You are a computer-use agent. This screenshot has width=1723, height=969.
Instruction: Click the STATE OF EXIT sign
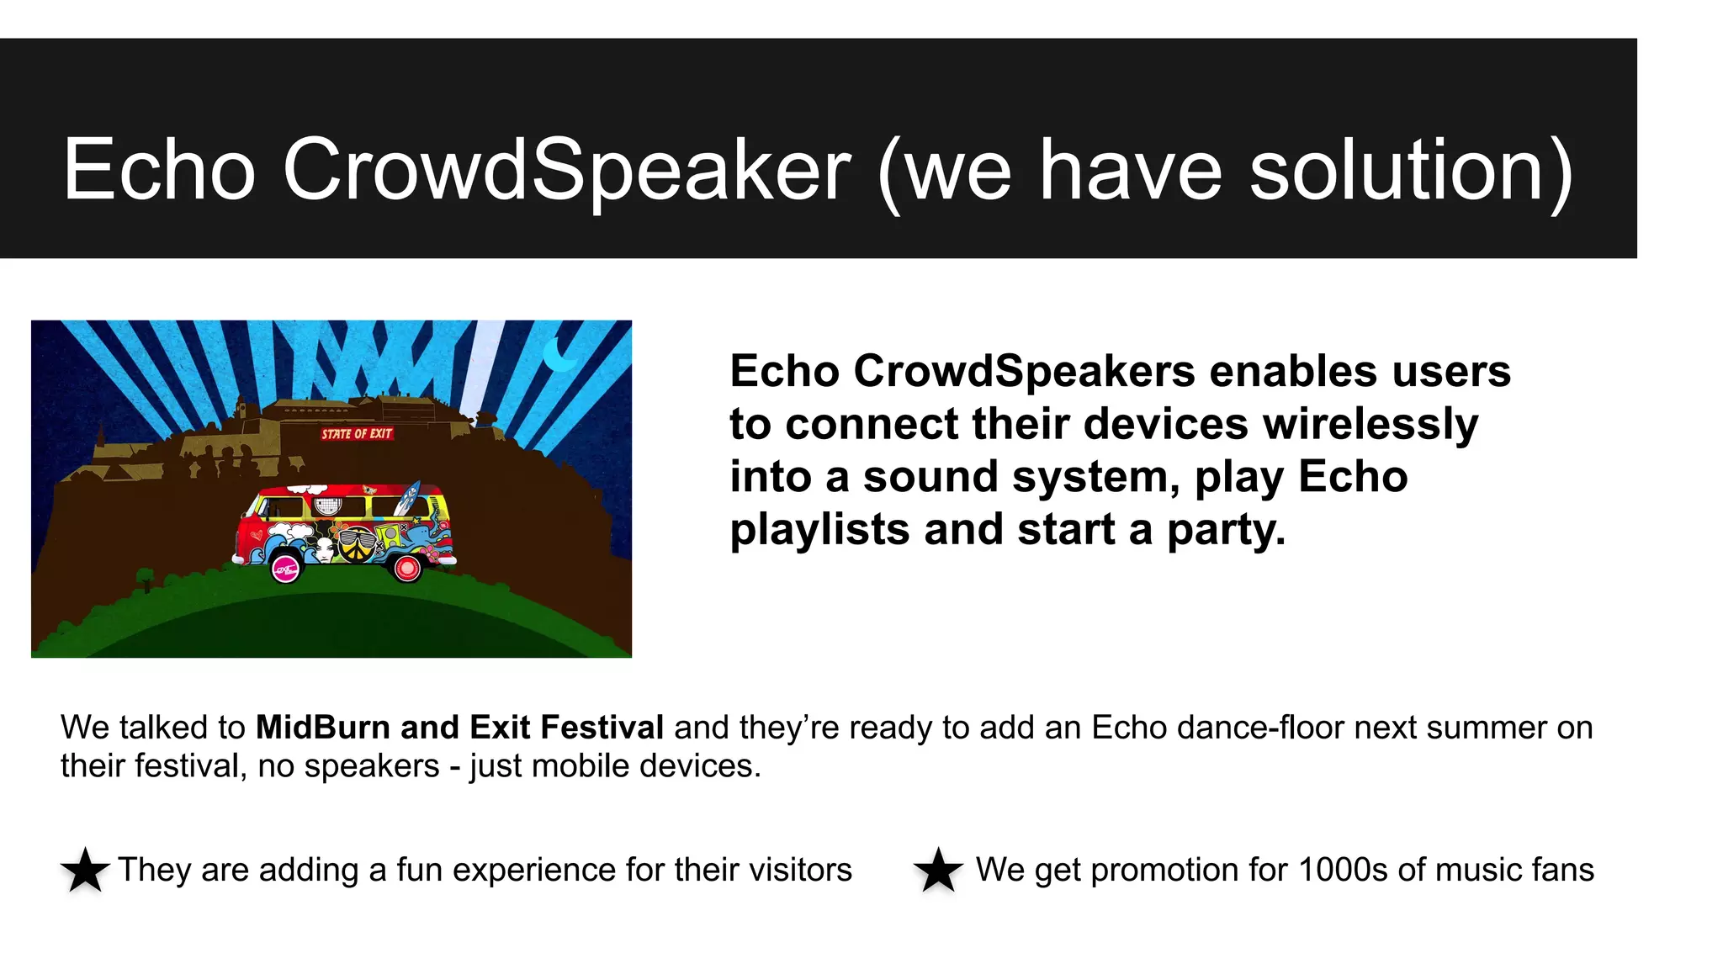click(x=357, y=434)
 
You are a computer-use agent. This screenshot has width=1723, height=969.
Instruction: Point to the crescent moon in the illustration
click(x=558, y=355)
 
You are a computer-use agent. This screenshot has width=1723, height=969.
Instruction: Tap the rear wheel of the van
click(x=407, y=569)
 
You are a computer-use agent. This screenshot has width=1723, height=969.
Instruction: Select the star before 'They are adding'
click(x=85, y=870)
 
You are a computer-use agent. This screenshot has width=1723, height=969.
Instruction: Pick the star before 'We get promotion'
click(x=938, y=870)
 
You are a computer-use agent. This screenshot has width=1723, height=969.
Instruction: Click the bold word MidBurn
click(x=323, y=728)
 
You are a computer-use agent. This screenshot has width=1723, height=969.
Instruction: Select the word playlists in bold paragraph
click(x=819, y=529)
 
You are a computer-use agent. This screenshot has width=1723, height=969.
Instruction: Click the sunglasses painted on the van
click(x=356, y=539)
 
